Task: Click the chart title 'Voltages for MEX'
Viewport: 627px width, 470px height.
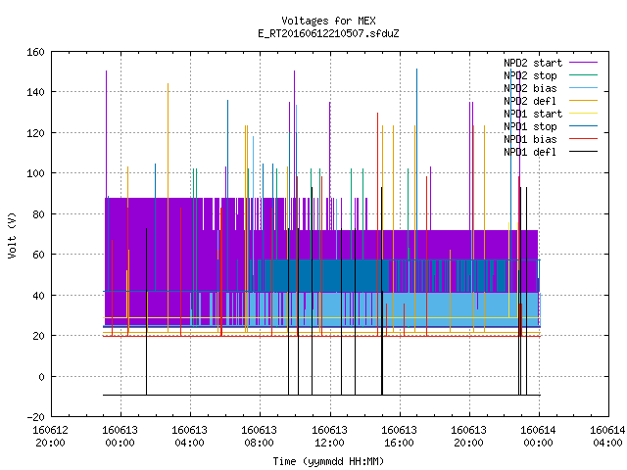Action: click(328, 21)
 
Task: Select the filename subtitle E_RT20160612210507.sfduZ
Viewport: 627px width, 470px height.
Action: click(328, 33)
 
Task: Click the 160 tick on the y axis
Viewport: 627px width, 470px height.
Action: click(35, 52)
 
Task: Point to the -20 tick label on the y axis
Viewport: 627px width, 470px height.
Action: click(35, 417)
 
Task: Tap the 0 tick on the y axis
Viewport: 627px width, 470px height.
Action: click(41, 376)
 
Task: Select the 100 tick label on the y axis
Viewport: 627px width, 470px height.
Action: click(35, 173)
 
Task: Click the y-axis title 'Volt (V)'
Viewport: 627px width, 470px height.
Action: click(13, 235)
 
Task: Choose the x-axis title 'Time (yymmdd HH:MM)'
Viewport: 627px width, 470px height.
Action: click(328, 461)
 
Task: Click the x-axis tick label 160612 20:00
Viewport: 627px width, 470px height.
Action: click(50, 437)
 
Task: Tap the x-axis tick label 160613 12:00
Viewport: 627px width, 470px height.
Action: click(329, 437)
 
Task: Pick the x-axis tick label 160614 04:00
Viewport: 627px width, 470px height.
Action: click(607, 437)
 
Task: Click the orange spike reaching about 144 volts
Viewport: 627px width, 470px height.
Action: click(168, 208)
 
